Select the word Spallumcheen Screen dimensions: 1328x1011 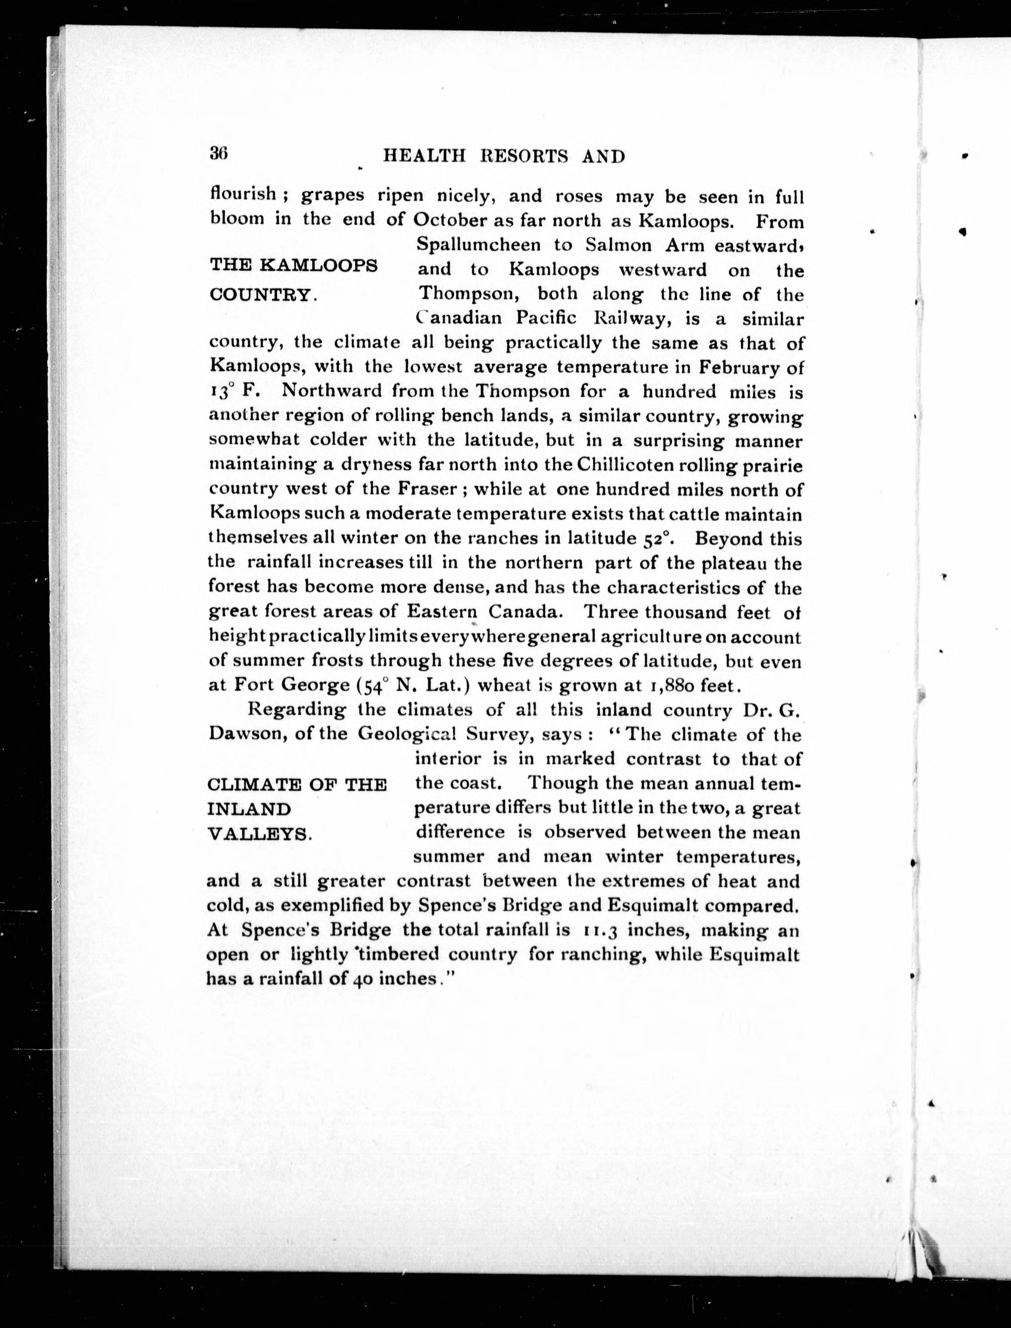[492, 246]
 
